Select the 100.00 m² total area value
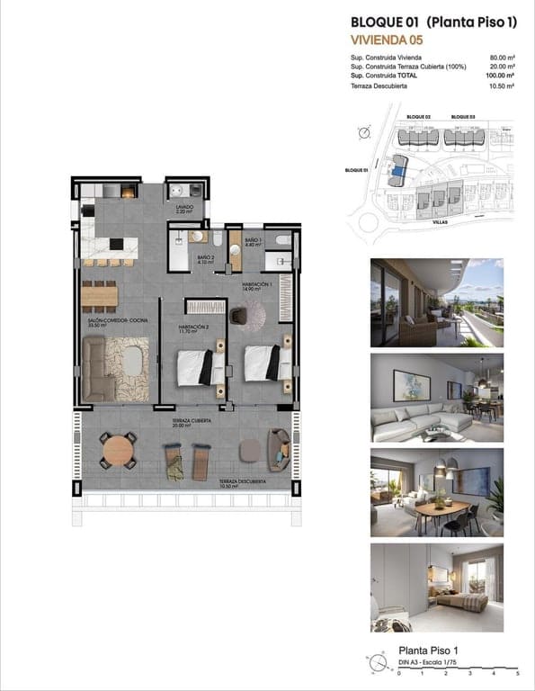(500, 76)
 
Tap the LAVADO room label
(185, 206)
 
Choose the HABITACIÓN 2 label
(194, 328)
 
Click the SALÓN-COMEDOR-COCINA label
(117, 322)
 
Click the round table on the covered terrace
(118, 447)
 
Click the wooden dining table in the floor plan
(100, 295)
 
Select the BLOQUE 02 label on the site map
(418, 117)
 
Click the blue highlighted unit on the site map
(397, 167)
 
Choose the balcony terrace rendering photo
(436, 302)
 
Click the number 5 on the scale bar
(517, 672)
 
